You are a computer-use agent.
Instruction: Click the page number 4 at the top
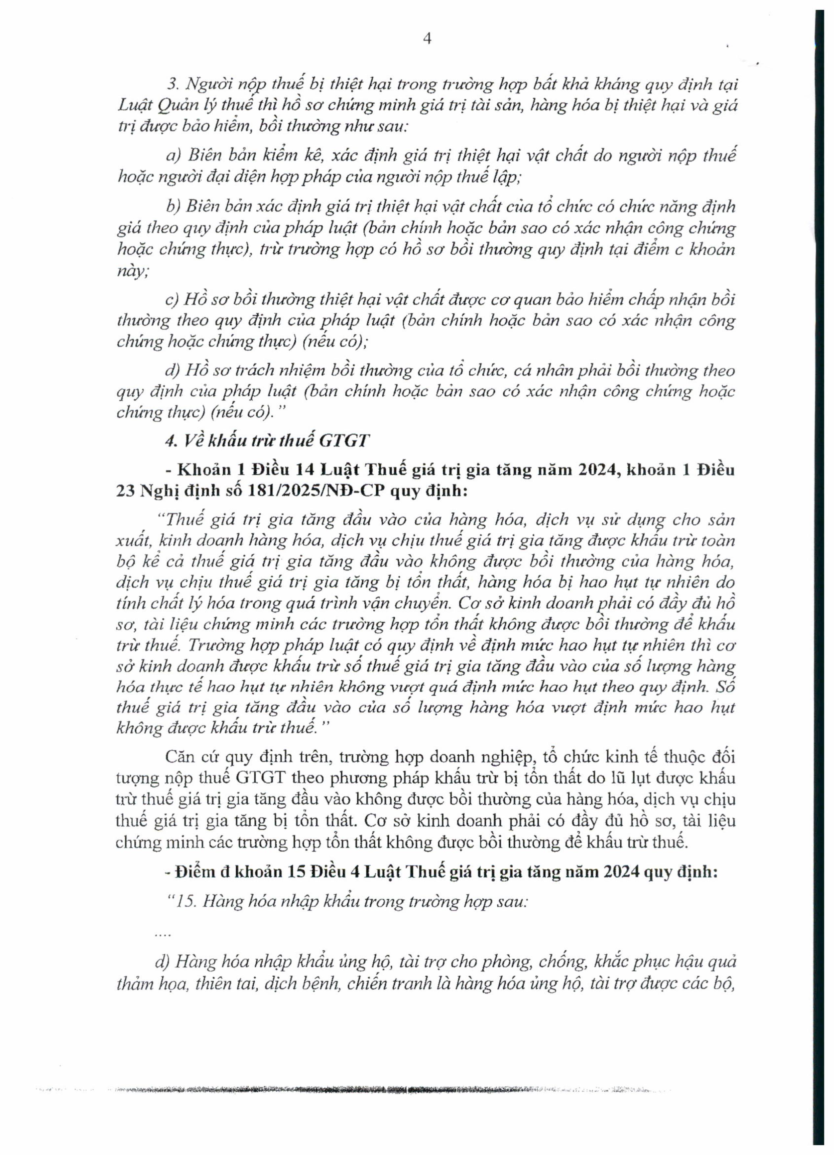[x=427, y=39]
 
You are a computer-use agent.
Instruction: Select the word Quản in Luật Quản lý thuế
[x=176, y=105]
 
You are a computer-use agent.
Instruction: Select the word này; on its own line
[x=132, y=271]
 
